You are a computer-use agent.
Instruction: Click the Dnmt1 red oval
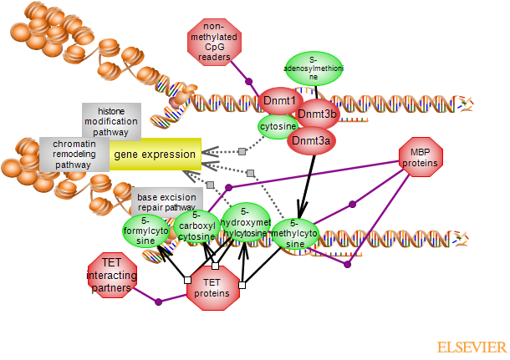coord(280,101)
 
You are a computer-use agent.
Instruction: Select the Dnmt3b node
coord(317,114)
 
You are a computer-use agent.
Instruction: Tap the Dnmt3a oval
coord(312,140)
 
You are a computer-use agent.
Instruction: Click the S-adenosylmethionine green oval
coord(314,68)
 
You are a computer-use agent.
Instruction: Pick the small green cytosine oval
coord(277,126)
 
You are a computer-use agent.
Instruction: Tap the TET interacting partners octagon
coord(112,275)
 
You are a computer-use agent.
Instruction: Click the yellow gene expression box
coord(155,155)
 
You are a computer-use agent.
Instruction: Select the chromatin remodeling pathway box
coord(74,154)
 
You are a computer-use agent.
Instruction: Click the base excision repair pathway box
coord(166,202)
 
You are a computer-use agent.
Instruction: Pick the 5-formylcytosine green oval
coord(145,231)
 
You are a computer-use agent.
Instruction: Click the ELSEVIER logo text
coord(472,347)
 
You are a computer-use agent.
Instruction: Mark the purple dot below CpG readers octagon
coord(248,81)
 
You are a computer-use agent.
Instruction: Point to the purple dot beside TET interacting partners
coord(158,301)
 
